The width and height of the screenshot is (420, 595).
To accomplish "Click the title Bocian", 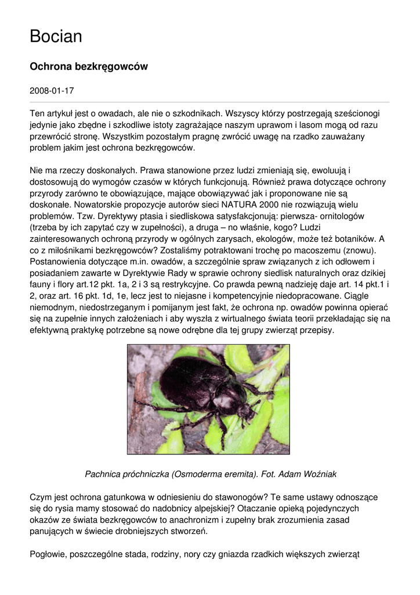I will pos(56,37).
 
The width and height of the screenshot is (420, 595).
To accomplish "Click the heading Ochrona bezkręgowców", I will pos(89,67).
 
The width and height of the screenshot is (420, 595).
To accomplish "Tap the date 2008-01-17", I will pos(52,91).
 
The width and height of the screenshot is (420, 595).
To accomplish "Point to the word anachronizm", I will pos(197,520).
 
